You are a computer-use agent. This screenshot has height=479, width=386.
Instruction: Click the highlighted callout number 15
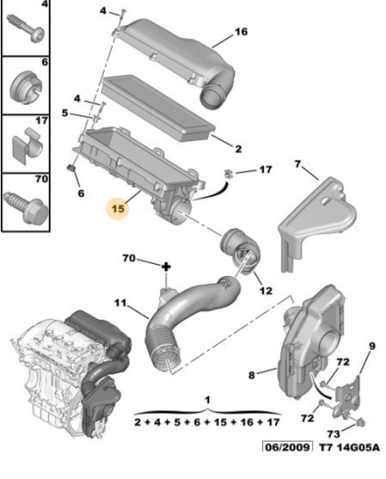(x=119, y=209)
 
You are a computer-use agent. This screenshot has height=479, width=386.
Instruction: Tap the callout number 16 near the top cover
(x=241, y=31)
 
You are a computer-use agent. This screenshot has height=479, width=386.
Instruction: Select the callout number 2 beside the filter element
(x=239, y=149)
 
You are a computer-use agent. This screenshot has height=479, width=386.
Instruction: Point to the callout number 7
(x=298, y=164)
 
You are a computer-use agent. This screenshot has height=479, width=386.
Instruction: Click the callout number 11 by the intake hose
(x=120, y=303)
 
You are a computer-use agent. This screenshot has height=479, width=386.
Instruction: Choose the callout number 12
(x=266, y=291)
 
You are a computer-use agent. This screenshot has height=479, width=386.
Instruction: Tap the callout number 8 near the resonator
(x=252, y=374)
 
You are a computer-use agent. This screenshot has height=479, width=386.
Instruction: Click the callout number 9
(x=372, y=346)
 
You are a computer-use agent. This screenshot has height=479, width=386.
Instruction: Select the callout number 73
(x=334, y=434)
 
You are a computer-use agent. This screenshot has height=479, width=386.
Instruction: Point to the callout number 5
(x=64, y=112)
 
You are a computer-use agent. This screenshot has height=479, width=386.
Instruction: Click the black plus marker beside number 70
(x=166, y=267)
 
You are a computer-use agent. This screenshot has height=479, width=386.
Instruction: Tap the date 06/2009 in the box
(x=288, y=448)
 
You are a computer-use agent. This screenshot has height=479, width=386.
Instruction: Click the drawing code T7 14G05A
(x=349, y=448)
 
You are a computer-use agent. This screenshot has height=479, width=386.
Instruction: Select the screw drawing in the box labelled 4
(x=25, y=29)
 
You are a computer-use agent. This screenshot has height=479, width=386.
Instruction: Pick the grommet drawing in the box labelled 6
(x=25, y=88)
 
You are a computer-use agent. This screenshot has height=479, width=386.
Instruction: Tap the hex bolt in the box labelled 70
(x=26, y=206)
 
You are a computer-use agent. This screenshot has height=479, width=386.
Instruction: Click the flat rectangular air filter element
(x=159, y=108)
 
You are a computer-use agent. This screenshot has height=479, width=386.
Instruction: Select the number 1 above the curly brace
(x=207, y=400)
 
